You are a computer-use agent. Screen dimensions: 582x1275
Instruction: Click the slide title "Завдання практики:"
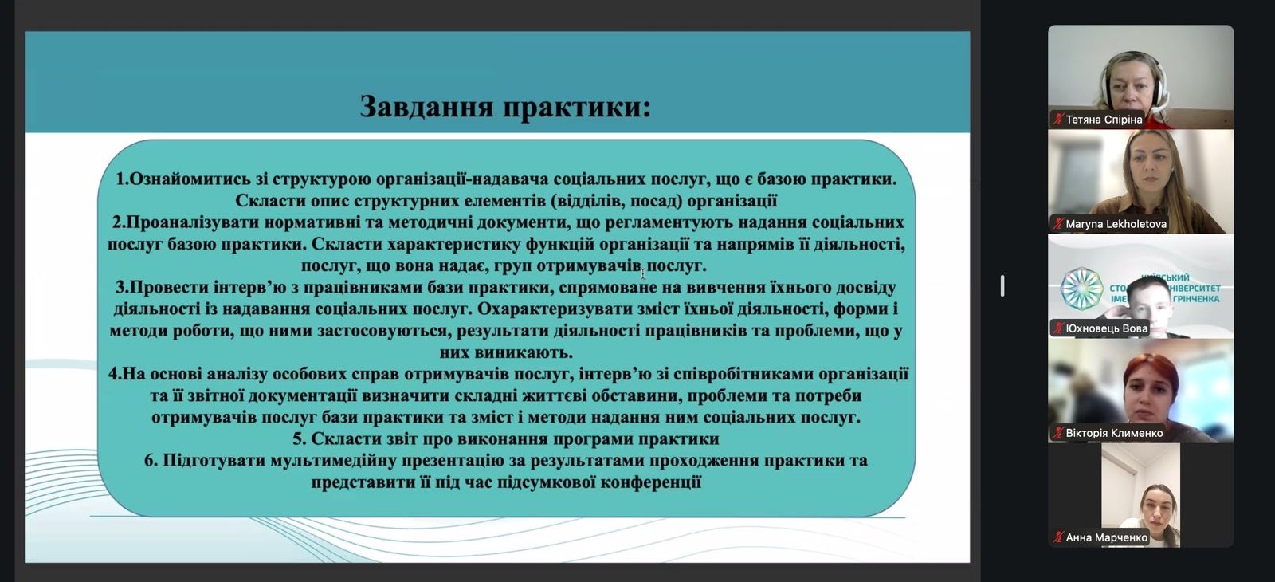point(505,106)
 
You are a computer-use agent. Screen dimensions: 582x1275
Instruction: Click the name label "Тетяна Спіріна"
point(1104,120)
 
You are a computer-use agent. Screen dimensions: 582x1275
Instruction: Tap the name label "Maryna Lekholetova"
point(1116,224)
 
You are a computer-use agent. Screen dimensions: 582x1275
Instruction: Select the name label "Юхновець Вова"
point(1106,328)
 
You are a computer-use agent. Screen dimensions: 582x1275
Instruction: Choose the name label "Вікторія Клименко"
point(1114,433)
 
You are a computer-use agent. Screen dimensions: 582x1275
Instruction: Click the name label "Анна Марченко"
point(1106,537)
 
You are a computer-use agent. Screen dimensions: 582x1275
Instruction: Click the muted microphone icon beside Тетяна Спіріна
point(1058,120)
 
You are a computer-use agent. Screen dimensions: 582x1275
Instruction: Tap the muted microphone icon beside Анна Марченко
point(1058,537)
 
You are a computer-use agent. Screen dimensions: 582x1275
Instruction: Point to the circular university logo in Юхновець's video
point(1081,288)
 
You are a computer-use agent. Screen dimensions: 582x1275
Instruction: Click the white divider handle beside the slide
point(1002,285)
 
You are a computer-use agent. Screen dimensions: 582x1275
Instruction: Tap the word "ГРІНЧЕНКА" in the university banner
point(1196,299)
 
